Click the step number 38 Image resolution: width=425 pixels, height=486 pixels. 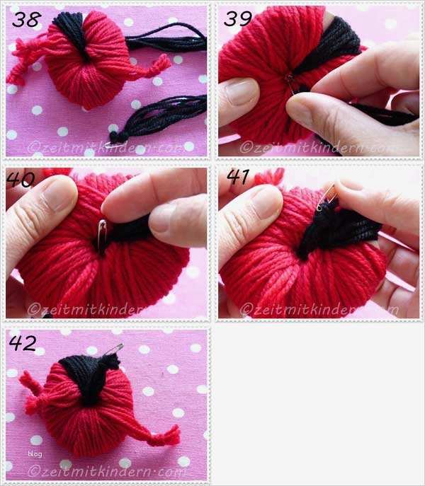pos(26,19)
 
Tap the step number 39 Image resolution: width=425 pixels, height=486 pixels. pos(237,18)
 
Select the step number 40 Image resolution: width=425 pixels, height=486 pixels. pos(21,180)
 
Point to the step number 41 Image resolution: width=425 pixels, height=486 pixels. pos(237,177)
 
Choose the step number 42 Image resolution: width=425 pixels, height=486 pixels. pos(23,342)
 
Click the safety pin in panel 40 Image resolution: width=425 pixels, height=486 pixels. pos(102,235)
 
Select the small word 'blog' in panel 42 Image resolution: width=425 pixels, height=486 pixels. pos(35,453)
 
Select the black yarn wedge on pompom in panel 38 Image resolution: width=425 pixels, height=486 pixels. pos(73,35)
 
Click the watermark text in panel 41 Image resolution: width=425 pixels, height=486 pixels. pos(319,308)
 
